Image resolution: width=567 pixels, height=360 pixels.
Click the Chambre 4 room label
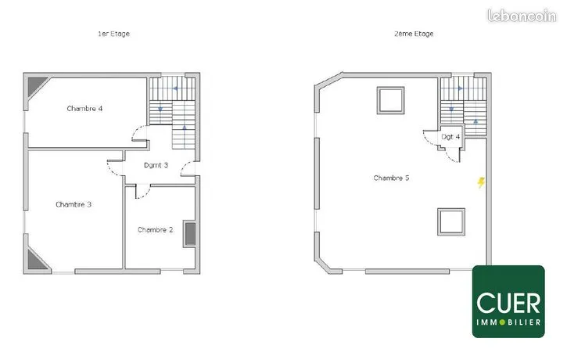[84, 109]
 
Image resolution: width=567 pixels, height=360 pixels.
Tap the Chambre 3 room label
[74, 204]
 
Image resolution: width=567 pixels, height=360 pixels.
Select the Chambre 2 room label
[155, 230]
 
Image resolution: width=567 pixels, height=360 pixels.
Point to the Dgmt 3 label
[156, 165]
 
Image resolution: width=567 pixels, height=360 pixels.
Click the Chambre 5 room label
[391, 178]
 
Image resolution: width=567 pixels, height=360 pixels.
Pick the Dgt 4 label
[450, 137]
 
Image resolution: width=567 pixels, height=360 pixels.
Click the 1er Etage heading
[113, 34]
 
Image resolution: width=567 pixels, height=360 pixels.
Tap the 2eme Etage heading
[414, 34]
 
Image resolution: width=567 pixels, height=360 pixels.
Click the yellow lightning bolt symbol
[481, 182]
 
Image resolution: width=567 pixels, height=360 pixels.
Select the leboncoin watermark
[522, 16]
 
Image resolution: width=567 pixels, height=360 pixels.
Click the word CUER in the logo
[508, 303]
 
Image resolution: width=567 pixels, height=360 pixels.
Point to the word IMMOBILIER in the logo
[508, 322]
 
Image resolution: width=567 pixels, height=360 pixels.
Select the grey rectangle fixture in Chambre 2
[190, 234]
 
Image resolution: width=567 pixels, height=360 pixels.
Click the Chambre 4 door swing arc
[135, 131]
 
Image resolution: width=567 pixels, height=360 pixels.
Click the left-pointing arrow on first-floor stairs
[175, 88]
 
